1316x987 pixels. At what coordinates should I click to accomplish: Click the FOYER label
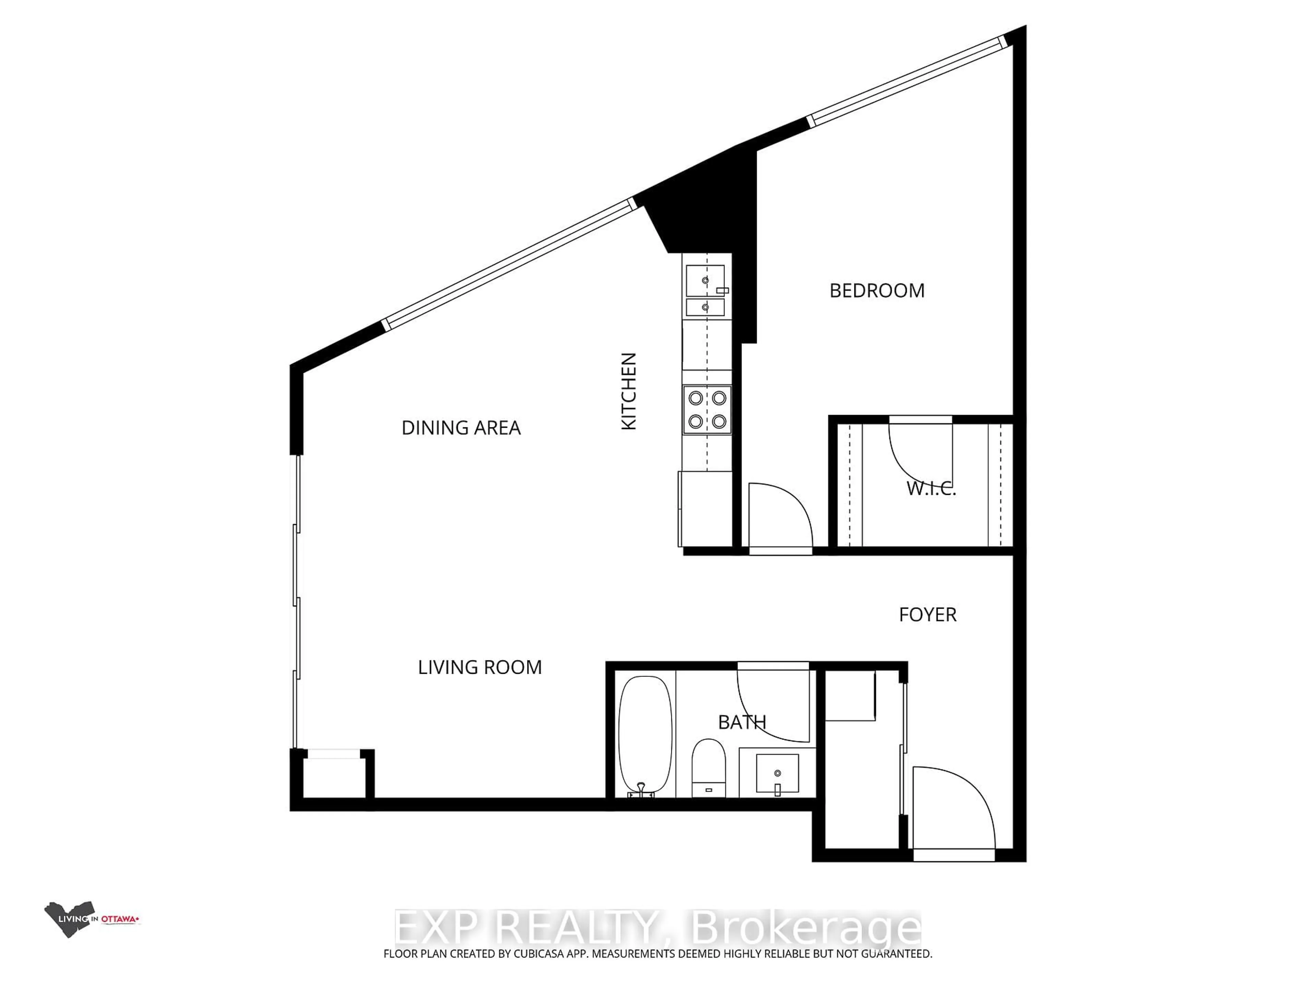click(927, 614)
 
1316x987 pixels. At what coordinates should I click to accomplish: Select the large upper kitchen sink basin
click(705, 280)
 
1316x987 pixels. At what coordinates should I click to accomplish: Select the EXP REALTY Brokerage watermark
click(657, 928)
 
